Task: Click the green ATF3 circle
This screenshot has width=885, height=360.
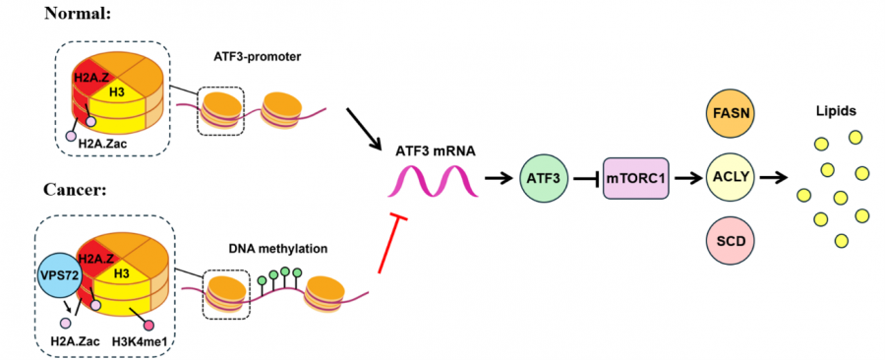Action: point(541,179)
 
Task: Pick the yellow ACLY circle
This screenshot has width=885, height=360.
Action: point(731,179)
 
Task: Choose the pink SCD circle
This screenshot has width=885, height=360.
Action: point(731,242)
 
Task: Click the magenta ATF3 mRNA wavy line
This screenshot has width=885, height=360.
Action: point(436,181)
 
